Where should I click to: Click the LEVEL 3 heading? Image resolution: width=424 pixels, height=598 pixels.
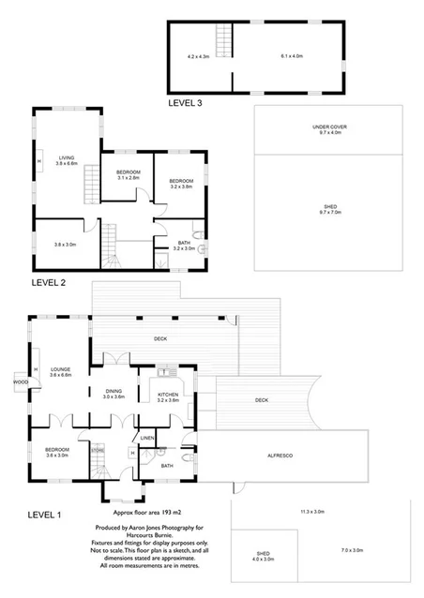coord(185,102)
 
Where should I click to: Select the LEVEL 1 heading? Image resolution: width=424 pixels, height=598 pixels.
coord(45,515)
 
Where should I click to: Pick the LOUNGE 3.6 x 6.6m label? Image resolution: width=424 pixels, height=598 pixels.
coord(60,372)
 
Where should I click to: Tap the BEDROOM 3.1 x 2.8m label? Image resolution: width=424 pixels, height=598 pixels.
coord(128,175)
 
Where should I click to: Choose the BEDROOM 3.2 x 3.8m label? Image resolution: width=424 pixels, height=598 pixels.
coord(180,183)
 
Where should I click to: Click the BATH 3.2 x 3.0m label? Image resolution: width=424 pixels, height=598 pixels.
coord(183,246)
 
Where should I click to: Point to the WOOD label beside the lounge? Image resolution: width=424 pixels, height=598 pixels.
coord(20,381)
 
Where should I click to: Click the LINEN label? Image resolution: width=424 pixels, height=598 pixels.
coord(146,438)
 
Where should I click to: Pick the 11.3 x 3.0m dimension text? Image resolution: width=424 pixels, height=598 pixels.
coord(311,512)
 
